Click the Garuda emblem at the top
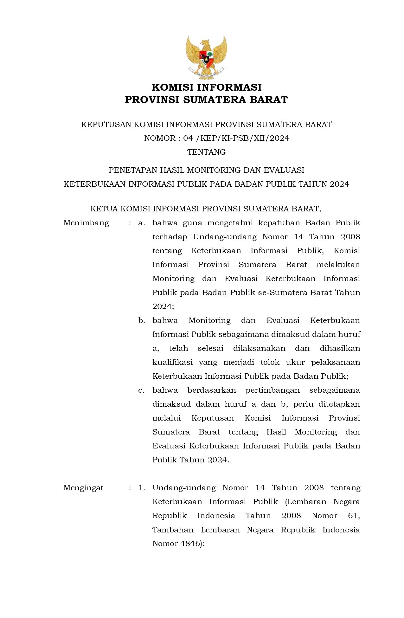pos(206,57)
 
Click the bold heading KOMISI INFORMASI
pos(206,87)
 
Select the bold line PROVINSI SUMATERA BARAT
pos(206,100)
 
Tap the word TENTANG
pos(206,152)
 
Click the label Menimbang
pos(86,223)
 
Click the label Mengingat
pos(83,488)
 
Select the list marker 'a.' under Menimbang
pos(142,223)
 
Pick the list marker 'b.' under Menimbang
pos(142,320)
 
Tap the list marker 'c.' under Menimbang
pos(141,390)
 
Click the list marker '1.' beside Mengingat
pos(142,488)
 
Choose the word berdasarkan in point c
pos(212,390)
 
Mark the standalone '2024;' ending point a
pos(163,306)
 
